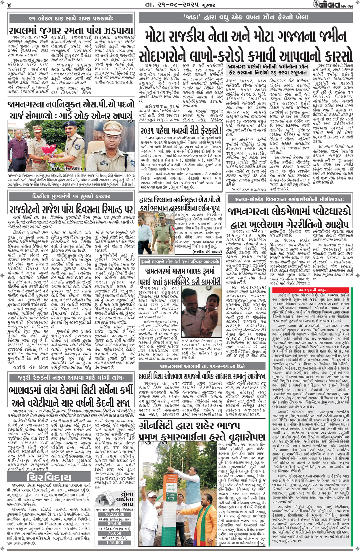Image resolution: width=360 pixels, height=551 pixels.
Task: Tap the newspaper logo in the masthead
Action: click(x=331, y=5)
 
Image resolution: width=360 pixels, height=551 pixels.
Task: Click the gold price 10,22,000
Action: click(x=114, y=514)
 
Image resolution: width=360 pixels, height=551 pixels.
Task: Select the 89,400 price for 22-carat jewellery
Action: click(x=114, y=524)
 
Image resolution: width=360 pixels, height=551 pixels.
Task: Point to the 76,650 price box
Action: click(x=114, y=533)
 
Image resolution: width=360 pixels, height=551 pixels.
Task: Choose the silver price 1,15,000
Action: click(x=114, y=543)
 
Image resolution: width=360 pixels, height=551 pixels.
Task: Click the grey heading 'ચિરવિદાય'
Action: click(x=49, y=477)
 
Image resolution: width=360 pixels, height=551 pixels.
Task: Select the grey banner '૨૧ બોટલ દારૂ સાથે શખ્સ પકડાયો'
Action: click(x=71, y=18)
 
